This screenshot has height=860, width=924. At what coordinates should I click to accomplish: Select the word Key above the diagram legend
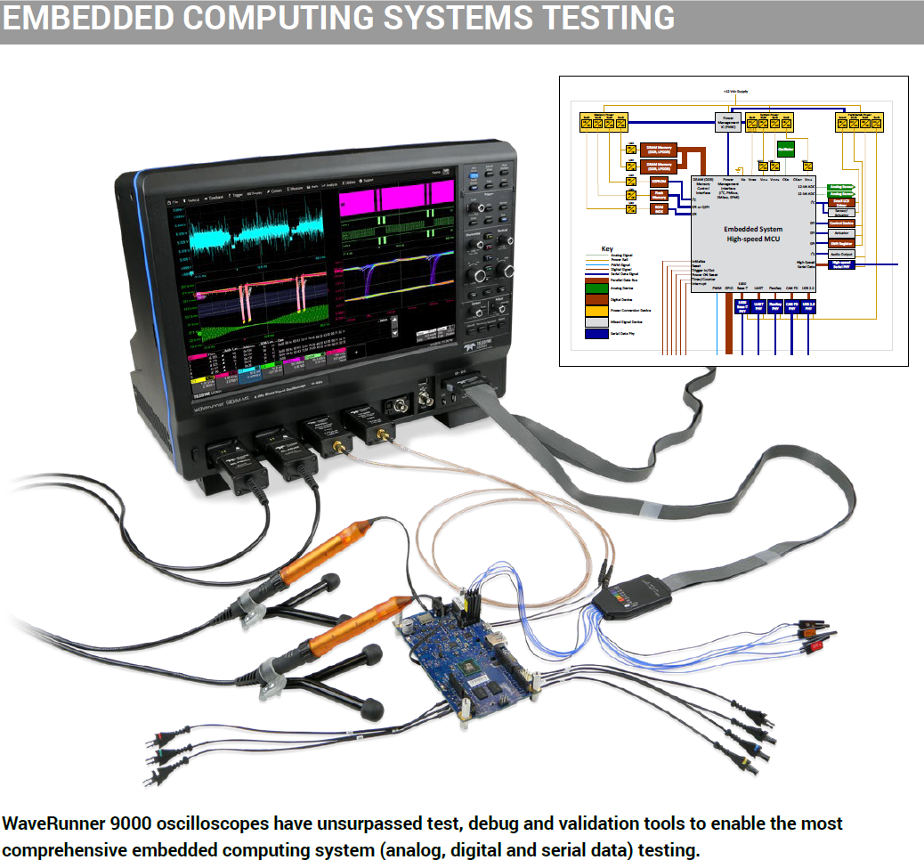click(607, 248)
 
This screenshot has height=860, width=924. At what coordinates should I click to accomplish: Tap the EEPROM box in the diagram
click(658, 181)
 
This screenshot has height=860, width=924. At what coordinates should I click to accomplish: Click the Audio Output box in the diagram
click(841, 254)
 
